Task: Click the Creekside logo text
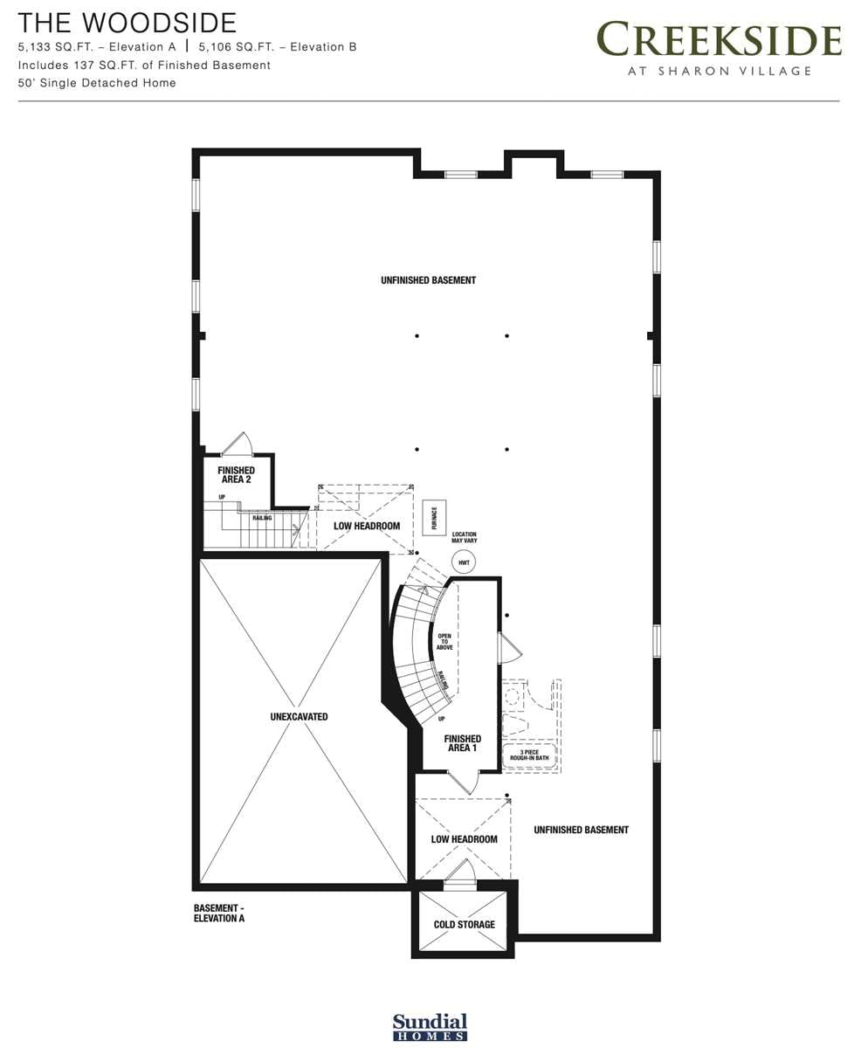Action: pos(719,40)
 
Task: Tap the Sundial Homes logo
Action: pos(430,1027)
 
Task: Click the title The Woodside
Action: pos(127,23)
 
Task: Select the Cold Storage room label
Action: pos(464,924)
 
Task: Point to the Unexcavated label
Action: pos(299,717)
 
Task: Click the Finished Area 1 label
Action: pos(462,743)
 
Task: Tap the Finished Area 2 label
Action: pos(236,475)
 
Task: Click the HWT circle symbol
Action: pos(464,562)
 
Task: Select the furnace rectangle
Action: pos(434,518)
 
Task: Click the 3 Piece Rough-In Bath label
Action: pos(529,755)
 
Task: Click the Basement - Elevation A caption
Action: pos(219,914)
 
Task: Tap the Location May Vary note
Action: pos(464,537)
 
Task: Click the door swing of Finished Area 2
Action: pos(237,444)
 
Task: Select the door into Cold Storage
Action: pos(460,872)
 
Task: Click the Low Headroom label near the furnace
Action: pos(367,526)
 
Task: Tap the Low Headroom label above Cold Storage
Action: pos(464,839)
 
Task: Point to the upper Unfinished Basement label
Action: pos(428,280)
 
